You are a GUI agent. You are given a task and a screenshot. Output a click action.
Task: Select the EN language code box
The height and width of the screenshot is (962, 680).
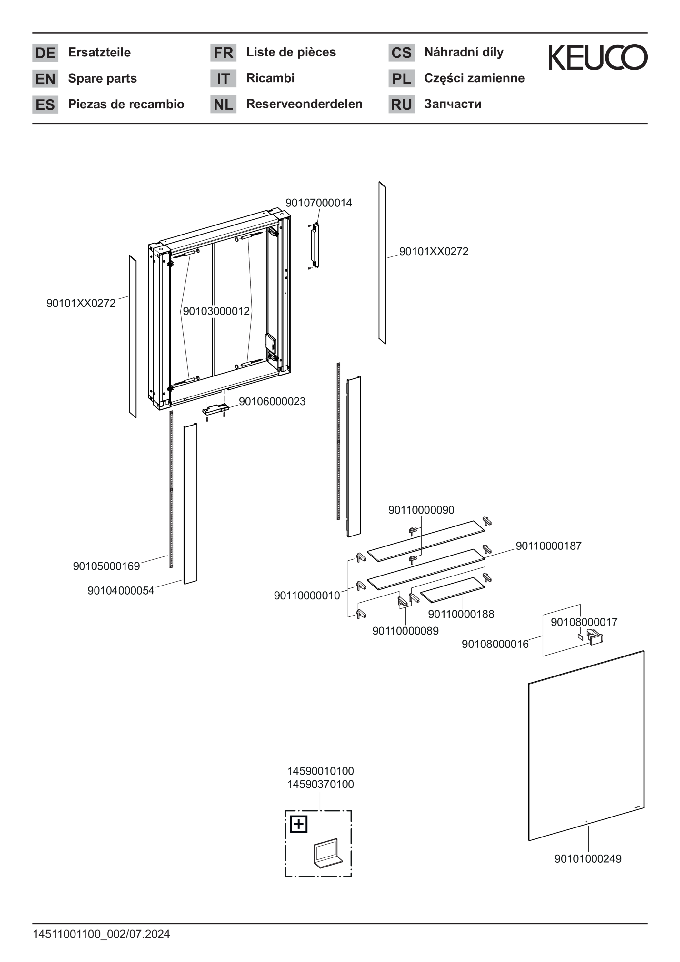pyautogui.click(x=45, y=79)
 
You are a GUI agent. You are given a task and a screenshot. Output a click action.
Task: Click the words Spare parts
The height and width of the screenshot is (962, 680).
pyautogui.click(x=102, y=78)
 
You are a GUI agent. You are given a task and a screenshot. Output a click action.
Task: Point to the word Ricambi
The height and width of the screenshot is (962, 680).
pyautogui.click(x=270, y=78)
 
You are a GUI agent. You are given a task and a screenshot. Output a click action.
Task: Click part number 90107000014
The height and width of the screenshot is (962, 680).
pyautogui.click(x=318, y=203)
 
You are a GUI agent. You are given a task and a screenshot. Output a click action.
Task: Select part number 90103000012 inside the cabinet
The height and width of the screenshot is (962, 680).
pyautogui.click(x=216, y=311)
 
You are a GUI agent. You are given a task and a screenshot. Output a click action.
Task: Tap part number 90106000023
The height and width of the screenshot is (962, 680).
pyautogui.click(x=272, y=401)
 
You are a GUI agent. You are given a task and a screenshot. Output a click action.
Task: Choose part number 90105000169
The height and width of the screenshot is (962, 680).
pyautogui.click(x=106, y=566)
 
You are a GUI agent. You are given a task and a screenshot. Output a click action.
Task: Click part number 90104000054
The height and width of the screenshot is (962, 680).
pyautogui.click(x=121, y=590)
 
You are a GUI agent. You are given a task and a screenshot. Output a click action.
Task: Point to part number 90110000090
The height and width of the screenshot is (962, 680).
pyautogui.click(x=421, y=510)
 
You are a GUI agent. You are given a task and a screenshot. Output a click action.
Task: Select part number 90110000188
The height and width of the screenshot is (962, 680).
pyautogui.click(x=461, y=614)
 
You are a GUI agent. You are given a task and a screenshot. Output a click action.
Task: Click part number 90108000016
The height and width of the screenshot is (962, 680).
pyautogui.click(x=495, y=644)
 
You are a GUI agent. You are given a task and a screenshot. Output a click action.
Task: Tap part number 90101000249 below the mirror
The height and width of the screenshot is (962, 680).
pyautogui.click(x=588, y=858)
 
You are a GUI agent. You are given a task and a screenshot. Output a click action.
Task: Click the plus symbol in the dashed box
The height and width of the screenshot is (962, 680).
pyautogui.click(x=298, y=825)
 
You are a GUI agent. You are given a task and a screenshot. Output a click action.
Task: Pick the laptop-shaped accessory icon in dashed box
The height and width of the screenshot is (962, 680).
pyautogui.click(x=328, y=853)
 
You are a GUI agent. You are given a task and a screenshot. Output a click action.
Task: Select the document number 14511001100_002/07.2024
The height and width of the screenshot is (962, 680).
pyautogui.click(x=101, y=934)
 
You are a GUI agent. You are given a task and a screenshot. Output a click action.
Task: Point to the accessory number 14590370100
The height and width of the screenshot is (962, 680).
pyautogui.click(x=321, y=784)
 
